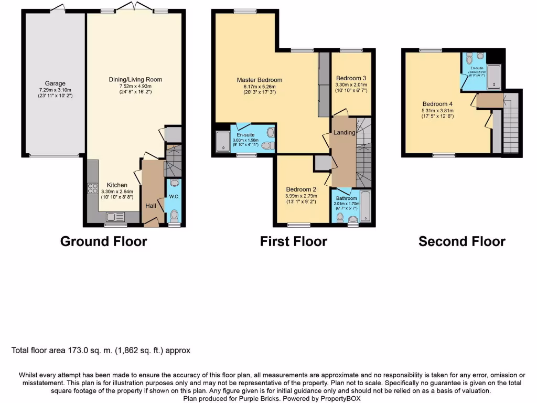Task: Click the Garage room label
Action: [x=55, y=83]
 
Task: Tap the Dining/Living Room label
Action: [x=135, y=80]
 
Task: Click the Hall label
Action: [x=151, y=206]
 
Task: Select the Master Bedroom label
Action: [x=259, y=80]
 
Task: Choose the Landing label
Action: [x=345, y=133]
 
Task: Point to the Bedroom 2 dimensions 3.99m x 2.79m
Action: [x=300, y=196]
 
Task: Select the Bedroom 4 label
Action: [x=436, y=103]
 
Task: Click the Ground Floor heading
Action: [x=103, y=241]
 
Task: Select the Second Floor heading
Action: [x=461, y=241]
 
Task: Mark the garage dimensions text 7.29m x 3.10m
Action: [x=55, y=90]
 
